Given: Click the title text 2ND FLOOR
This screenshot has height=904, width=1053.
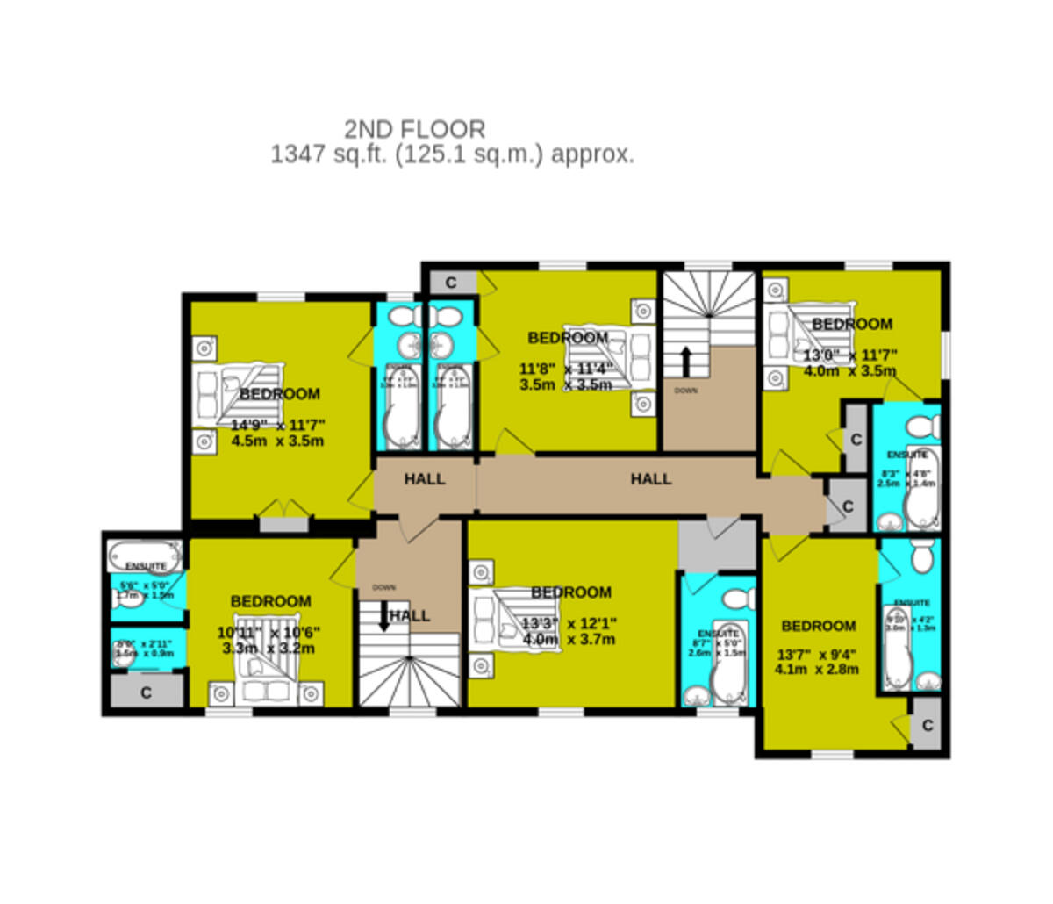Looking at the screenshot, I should pos(414,130).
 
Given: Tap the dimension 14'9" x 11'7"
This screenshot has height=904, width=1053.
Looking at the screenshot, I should pos(277,425).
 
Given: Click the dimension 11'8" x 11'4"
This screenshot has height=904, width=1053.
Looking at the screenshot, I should pos(566,369).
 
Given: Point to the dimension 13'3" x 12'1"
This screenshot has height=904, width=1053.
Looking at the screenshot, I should pos(569,624).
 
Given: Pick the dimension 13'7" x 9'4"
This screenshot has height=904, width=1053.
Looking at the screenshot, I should pos(816,654).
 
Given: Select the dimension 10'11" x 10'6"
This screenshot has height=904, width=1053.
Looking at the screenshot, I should pos(269,633).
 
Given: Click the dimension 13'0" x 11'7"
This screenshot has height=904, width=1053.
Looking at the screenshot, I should pos(850,355).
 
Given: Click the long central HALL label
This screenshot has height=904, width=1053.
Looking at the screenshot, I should pos(651,479).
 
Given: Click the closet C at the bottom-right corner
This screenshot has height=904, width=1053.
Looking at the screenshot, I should pos(927,726).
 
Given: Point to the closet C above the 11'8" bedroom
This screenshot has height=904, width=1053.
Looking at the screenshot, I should pos(451,283).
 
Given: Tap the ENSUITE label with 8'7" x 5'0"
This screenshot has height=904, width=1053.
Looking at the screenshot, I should pos(717,634).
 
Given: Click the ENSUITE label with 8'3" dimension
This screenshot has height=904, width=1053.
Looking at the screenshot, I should pos(906,455).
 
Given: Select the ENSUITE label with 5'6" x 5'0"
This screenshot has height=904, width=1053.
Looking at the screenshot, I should pos(146,566).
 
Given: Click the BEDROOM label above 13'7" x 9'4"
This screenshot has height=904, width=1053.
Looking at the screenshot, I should pos(818,626).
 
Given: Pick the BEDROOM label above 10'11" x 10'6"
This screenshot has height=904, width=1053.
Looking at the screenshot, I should pos(270,601).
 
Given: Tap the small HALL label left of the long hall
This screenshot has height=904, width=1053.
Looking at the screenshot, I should pos(425,479).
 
